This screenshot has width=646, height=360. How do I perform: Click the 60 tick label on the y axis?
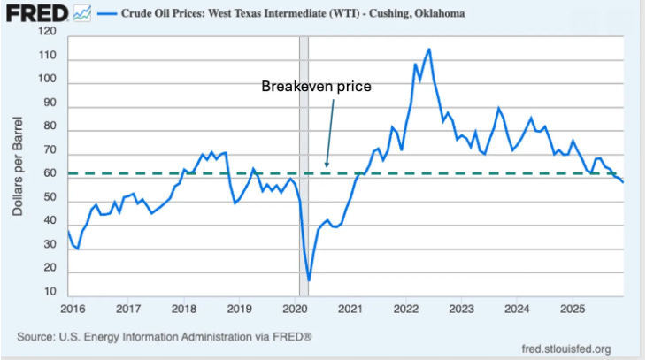pyautogui.click(x=50, y=173)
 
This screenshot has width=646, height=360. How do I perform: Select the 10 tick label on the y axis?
pyautogui.click(x=50, y=291)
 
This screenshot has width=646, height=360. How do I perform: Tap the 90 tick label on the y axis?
pyautogui.click(x=50, y=103)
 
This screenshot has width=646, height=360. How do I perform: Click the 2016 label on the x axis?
pyautogui.click(x=73, y=309)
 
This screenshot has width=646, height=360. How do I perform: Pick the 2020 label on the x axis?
pyautogui.click(x=296, y=309)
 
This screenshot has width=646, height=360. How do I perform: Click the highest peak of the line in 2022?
pyautogui.click(x=429, y=50)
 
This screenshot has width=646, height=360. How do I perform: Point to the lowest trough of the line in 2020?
pyautogui.click(x=309, y=280)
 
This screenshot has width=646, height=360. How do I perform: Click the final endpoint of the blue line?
pyautogui.click(x=623, y=182)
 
